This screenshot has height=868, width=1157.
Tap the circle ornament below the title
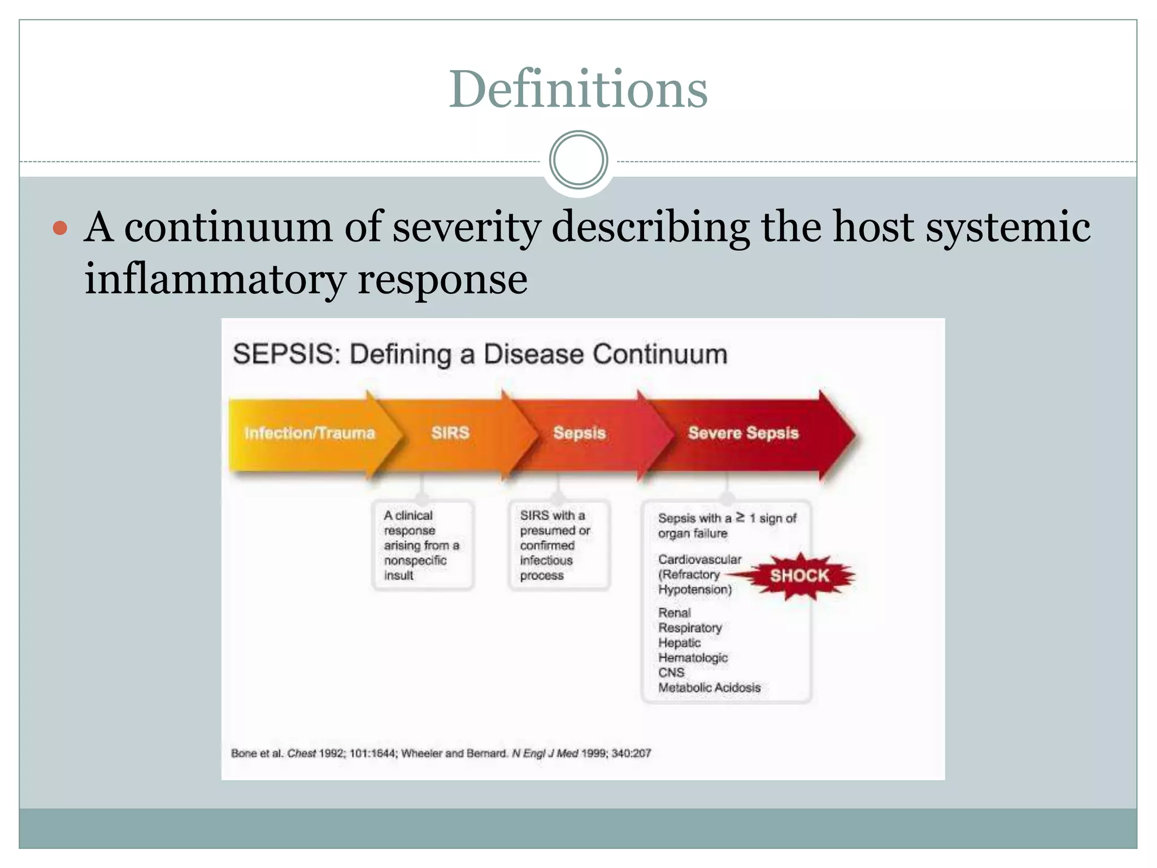pos(578,160)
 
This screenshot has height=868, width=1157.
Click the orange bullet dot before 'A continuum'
pos(60,228)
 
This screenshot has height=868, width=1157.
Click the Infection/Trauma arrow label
pos(310,433)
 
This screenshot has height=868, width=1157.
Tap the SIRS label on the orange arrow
pos(450,433)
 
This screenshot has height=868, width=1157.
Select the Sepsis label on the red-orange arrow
pos(579,433)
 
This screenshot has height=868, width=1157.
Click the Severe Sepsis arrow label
pos(743,433)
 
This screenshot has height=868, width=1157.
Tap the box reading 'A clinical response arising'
pos(422,545)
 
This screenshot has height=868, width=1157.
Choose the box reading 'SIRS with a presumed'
pos(558,545)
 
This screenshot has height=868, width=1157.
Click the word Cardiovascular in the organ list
pos(699,559)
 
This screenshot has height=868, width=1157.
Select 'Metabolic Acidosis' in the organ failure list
pos(709,688)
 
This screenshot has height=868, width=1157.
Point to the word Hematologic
pos(693,658)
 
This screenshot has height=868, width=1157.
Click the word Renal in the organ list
pos(675,613)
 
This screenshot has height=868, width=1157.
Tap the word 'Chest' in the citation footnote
pos(301,753)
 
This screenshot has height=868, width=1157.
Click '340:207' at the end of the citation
pos(631,753)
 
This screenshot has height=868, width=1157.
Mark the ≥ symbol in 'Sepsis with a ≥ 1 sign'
pos(740,517)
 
